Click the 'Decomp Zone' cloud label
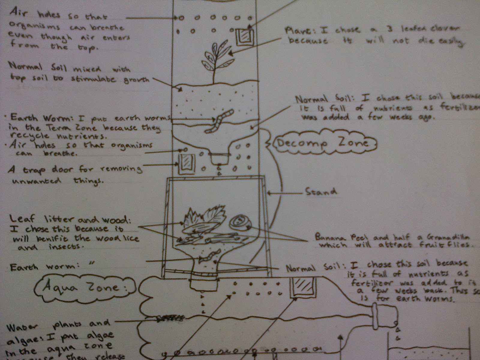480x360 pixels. pyautogui.click(x=322, y=143)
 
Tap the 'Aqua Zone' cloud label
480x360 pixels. pyautogui.click(x=81, y=287)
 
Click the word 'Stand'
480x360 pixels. pyautogui.click(x=320, y=191)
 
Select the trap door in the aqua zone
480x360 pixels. pyautogui.click(x=302, y=287)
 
